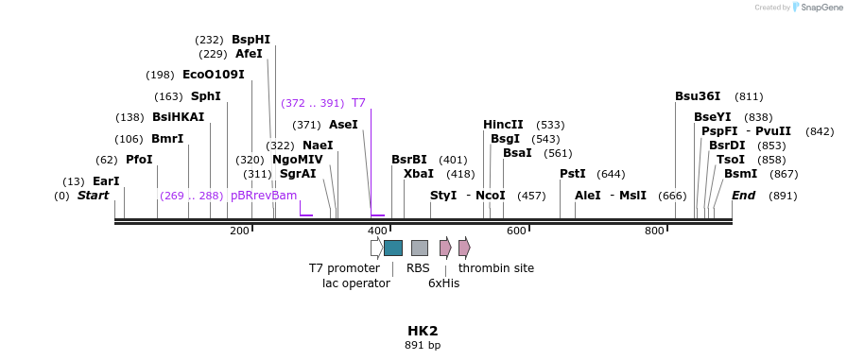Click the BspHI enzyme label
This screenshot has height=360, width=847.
pos(251,40)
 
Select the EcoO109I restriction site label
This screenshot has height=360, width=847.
pos(213,74)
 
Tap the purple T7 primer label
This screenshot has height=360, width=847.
pos(358,103)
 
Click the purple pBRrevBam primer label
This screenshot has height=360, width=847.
pos(264,196)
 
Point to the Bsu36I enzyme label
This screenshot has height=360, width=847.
pos(698,96)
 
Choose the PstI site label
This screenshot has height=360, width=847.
pos(573,174)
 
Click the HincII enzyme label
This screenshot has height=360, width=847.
pos(503,125)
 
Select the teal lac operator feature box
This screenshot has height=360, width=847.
pos(393,248)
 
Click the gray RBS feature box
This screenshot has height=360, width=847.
pos(419,248)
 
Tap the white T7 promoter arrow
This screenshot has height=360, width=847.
pos(376,248)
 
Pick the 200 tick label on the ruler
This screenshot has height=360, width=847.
pos(239,231)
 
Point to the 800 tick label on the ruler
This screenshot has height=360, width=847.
pos(654,231)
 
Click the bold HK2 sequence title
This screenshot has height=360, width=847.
pos(423,331)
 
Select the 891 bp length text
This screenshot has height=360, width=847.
pos(423,346)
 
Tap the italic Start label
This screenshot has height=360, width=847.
pos(93,196)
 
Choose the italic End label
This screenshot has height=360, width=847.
pos(743,196)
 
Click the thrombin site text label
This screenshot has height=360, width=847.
pos(495,268)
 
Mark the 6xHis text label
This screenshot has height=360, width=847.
pos(443,283)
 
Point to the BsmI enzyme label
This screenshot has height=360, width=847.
pos(740,174)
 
